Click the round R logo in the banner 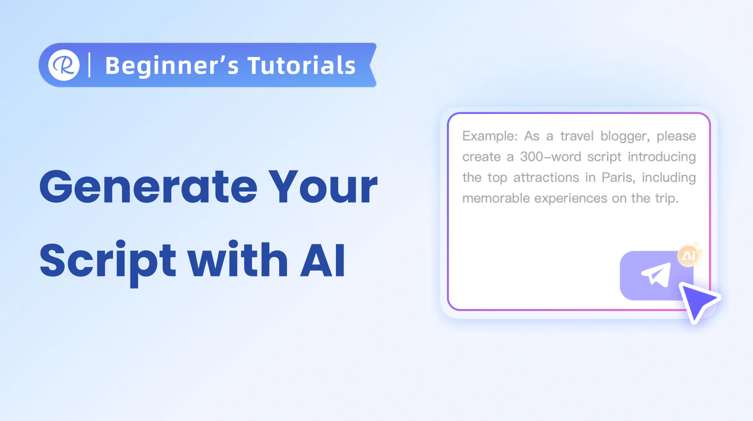coord(64,65)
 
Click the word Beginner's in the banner coord(172,66)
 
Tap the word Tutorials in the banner coord(302,65)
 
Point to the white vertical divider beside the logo coord(89,65)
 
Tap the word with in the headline coord(238,258)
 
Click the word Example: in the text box coord(490,136)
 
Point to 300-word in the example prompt coord(551,157)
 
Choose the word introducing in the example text coord(662,157)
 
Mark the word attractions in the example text coord(546,178)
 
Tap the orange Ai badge coord(689,256)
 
